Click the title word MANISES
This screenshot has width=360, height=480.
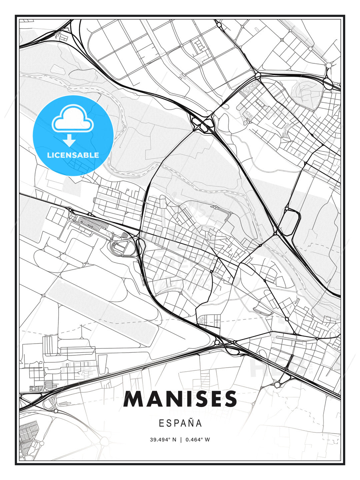point(180,399)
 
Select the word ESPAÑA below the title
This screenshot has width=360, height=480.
point(180,423)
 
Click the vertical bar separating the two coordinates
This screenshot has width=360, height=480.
point(180,440)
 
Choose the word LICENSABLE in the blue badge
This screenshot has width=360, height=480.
point(73,155)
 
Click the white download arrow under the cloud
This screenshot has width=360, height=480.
point(69,140)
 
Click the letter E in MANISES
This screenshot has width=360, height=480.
point(214,399)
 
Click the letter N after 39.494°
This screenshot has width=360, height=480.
point(174,440)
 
